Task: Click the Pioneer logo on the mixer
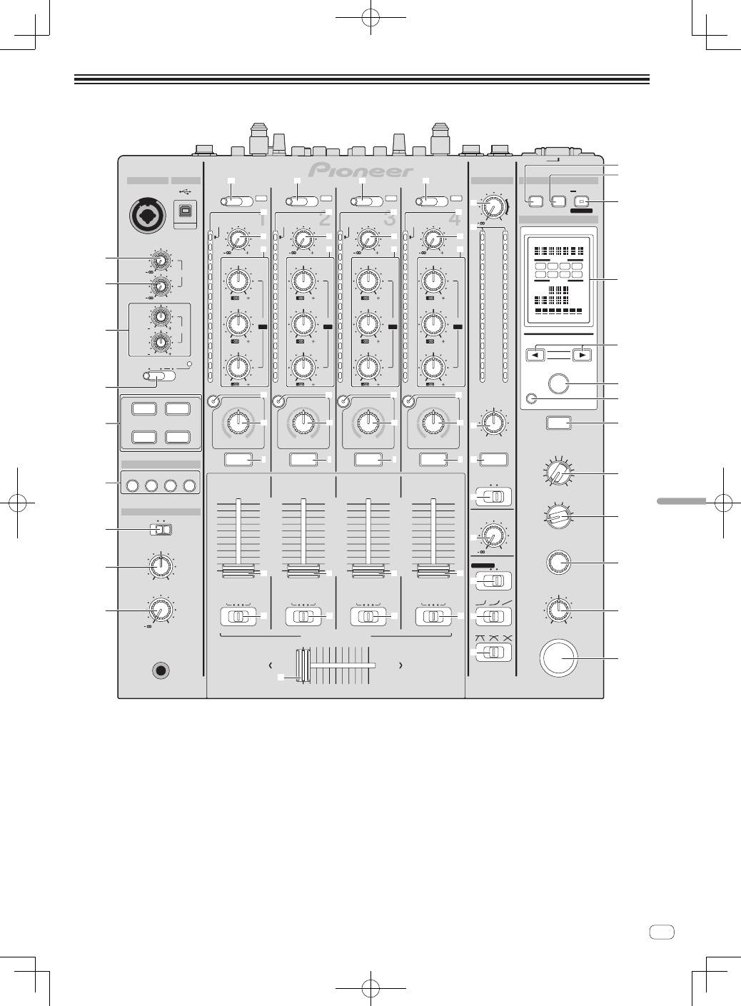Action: [361, 171]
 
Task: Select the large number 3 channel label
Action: [389, 218]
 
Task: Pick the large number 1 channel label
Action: [261, 218]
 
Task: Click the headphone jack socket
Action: [161, 670]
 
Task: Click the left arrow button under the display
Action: [539, 353]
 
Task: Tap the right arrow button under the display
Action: [582, 353]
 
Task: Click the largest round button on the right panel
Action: [558, 657]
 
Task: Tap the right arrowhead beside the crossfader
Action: [401, 665]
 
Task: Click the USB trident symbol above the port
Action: [186, 191]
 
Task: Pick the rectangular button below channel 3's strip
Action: [368, 459]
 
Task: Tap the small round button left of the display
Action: [529, 398]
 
